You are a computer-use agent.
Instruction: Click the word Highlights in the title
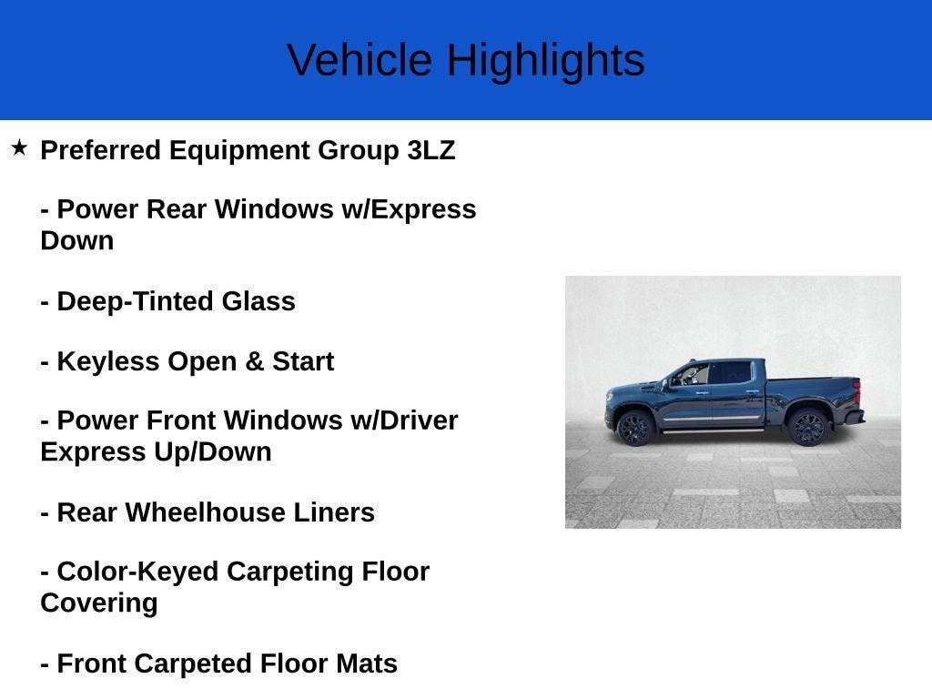[x=545, y=61]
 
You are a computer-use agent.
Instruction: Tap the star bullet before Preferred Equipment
[x=19, y=147]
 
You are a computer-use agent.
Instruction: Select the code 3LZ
[x=431, y=150]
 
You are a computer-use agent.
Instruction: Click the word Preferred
[x=101, y=150]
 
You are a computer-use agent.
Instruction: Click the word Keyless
[x=108, y=361]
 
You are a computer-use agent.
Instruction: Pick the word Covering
[x=98, y=603]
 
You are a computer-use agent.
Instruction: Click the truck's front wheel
[x=634, y=427]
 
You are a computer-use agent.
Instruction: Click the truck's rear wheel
[x=807, y=426]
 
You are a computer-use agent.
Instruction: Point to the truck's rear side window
[x=731, y=373]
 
